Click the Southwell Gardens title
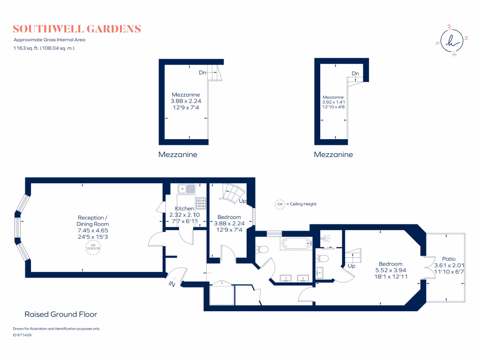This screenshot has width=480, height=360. pyautogui.click(x=77, y=29)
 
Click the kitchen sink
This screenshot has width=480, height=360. pyautogui.click(x=186, y=189)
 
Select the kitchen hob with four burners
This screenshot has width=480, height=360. pyautogui.click(x=201, y=203)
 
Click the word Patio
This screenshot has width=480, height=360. pyautogui.click(x=449, y=258)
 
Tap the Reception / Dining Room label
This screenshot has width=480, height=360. pyautogui.click(x=93, y=221)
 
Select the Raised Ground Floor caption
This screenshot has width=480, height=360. pyautogui.click(x=60, y=314)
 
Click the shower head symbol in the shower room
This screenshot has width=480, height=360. pyautogui.click(x=324, y=239)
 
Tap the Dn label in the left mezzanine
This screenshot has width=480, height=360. pyautogui.click(x=202, y=73)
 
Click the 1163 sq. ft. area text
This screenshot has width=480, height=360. pyautogui.click(x=44, y=48)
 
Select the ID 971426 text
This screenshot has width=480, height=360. pyautogui.click(x=22, y=335)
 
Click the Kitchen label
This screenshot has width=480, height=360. pyautogui.click(x=184, y=209)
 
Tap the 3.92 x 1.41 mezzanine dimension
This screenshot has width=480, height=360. pyautogui.click(x=333, y=102)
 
